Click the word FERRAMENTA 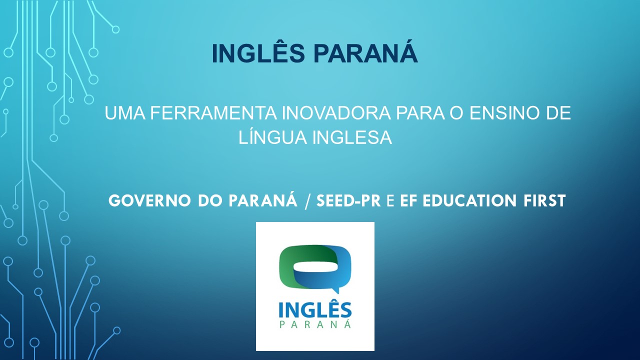pos(213,113)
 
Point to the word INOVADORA pos(336,113)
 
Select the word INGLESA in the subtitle pos(352,137)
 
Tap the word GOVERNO pos(149,200)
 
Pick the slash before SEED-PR pos(307,201)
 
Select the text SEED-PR pos(348,200)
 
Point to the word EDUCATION pos(469,200)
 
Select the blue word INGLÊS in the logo pos(315,311)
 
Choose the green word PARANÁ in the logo pos(315,324)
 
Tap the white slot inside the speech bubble pos(315,267)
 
